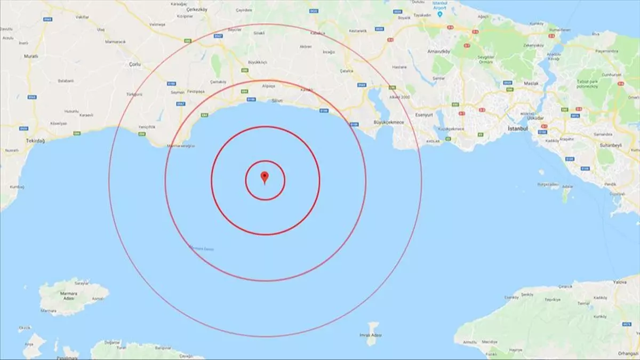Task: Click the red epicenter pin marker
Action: (264, 177)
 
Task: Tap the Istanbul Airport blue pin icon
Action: (439, 14)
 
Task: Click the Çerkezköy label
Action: (195, 10)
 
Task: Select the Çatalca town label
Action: (347, 70)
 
